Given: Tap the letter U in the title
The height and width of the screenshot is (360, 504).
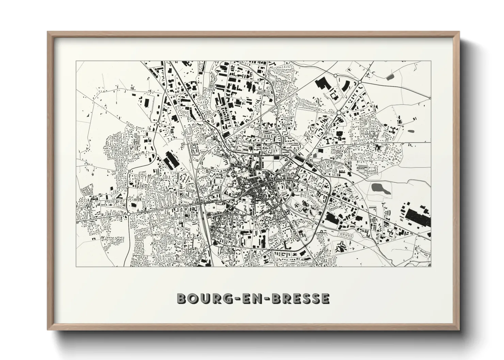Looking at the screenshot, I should pyautogui.click(x=201, y=298).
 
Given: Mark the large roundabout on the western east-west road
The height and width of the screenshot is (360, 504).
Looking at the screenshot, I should pyautogui.click(x=129, y=213).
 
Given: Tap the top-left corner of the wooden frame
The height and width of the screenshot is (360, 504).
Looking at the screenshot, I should pyautogui.click(x=48, y=32).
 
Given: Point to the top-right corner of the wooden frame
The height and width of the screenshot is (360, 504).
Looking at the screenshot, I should pyautogui.click(x=459, y=32).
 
